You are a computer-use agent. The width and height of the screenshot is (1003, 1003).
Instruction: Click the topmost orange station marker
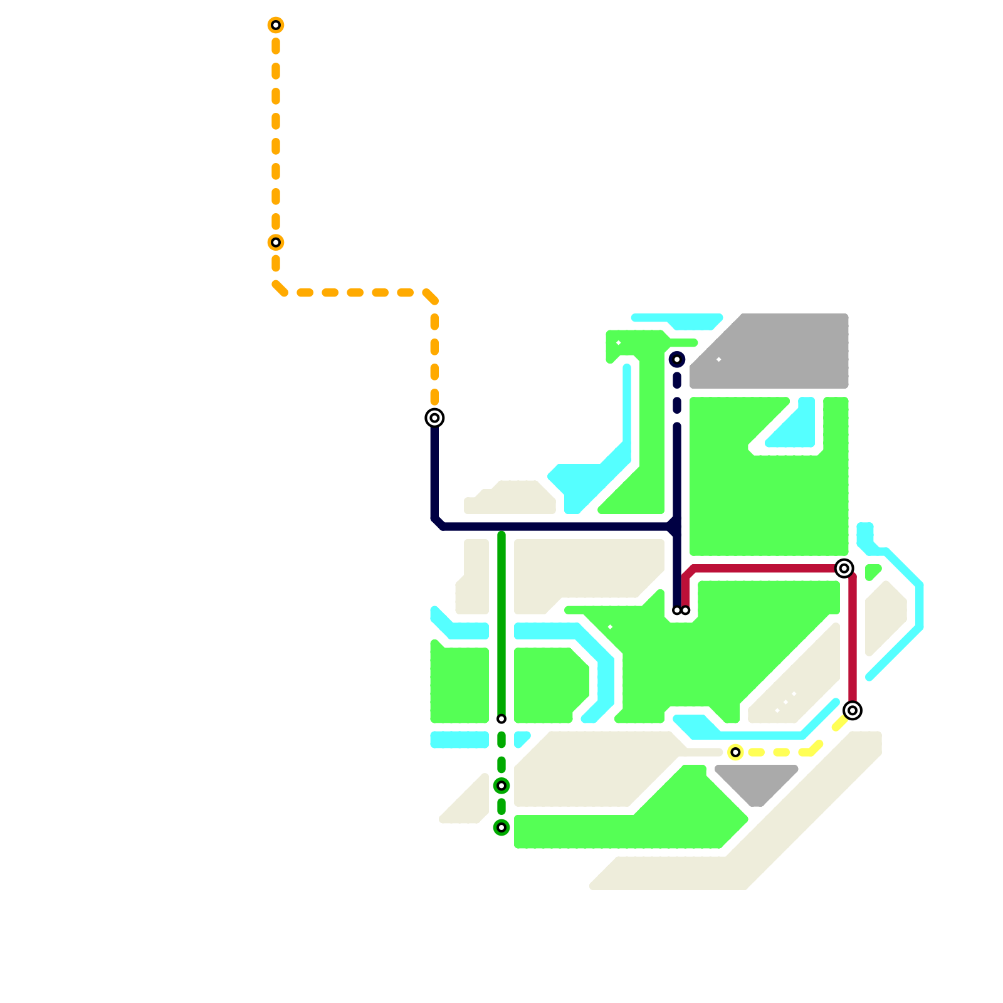(x=276, y=25)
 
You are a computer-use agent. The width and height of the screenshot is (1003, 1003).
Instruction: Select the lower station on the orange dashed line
(x=276, y=243)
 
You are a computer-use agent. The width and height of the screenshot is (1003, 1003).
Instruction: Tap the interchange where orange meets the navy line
(x=434, y=417)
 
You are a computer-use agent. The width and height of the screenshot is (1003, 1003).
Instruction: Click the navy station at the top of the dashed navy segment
(x=677, y=359)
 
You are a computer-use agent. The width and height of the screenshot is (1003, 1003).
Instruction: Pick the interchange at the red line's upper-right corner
(x=844, y=569)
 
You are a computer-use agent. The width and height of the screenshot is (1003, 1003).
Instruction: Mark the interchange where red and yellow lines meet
(x=853, y=710)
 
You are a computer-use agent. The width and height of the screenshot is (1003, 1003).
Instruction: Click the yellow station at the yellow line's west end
(x=735, y=752)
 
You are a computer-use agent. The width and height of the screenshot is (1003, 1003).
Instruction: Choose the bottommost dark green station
(x=501, y=827)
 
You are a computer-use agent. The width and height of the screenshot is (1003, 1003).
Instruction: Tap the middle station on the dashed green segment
(x=501, y=785)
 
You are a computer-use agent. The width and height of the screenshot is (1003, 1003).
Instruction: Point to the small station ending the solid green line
(x=501, y=719)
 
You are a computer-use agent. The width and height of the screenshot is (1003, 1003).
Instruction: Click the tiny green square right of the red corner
(x=872, y=572)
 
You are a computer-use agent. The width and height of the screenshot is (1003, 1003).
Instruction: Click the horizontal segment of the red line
(x=765, y=569)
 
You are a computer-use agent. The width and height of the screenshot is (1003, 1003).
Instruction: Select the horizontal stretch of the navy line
(x=552, y=527)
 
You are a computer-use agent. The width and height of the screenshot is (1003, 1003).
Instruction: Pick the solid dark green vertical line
(x=501, y=627)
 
